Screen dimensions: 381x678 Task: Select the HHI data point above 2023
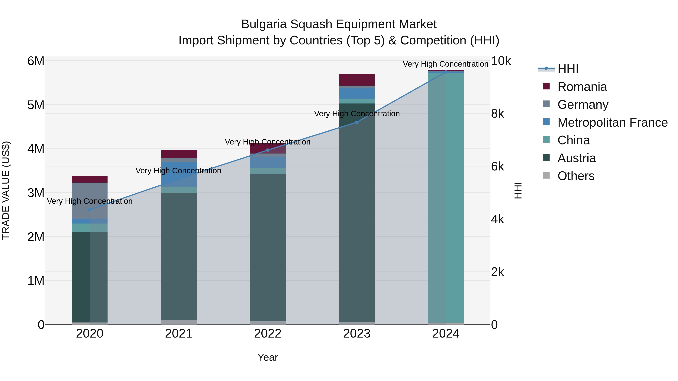point(357,122)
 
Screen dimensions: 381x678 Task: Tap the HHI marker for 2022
point(268,150)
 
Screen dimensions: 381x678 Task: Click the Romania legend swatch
point(546,86)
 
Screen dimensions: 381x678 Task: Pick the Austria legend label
point(576,158)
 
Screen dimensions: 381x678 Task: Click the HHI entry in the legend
point(568,69)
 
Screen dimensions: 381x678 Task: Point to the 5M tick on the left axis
point(36,105)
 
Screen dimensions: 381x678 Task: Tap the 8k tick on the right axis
point(497,114)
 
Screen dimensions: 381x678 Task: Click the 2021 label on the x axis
point(179,334)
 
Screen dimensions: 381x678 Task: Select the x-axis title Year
point(268,357)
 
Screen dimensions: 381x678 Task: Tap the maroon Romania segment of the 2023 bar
point(357,80)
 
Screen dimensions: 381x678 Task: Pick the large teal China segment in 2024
point(446,197)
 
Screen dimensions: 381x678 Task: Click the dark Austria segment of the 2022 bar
point(268,247)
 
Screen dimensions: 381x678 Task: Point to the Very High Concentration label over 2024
point(445,64)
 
